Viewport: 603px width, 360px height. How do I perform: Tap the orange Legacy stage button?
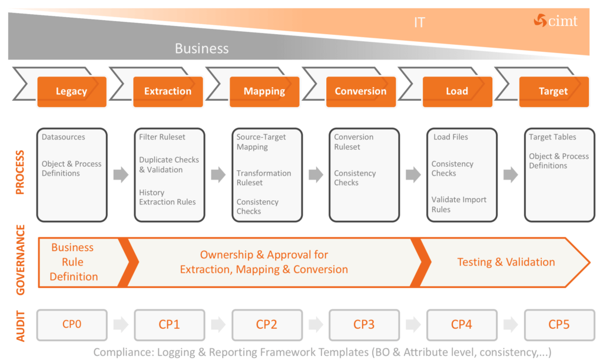click(x=72, y=91)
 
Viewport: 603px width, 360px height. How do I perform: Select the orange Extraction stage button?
click(x=168, y=91)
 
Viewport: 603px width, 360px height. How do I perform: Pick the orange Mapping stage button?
click(x=264, y=91)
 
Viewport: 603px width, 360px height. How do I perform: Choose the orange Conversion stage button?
click(x=360, y=91)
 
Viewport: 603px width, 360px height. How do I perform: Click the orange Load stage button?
click(x=457, y=91)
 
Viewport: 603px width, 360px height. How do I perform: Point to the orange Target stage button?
click(x=553, y=91)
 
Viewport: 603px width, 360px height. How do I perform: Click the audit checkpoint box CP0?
click(x=72, y=325)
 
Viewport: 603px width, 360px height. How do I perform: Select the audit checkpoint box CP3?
click(x=364, y=325)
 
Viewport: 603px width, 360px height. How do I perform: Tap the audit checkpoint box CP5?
click(x=559, y=325)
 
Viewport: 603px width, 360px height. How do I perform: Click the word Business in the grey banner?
click(x=201, y=48)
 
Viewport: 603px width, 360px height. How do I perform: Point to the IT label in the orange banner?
click(x=419, y=23)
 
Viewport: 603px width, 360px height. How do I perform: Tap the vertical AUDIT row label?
click(x=20, y=325)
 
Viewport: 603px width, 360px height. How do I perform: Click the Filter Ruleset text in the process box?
click(x=162, y=137)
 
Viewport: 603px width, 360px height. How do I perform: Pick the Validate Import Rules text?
click(x=459, y=204)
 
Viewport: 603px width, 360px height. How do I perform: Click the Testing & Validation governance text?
click(x=506, y=262)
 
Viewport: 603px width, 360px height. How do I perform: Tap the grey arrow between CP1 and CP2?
click(x=218, y=325)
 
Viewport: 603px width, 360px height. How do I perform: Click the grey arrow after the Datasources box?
click(x=121, y=174)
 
